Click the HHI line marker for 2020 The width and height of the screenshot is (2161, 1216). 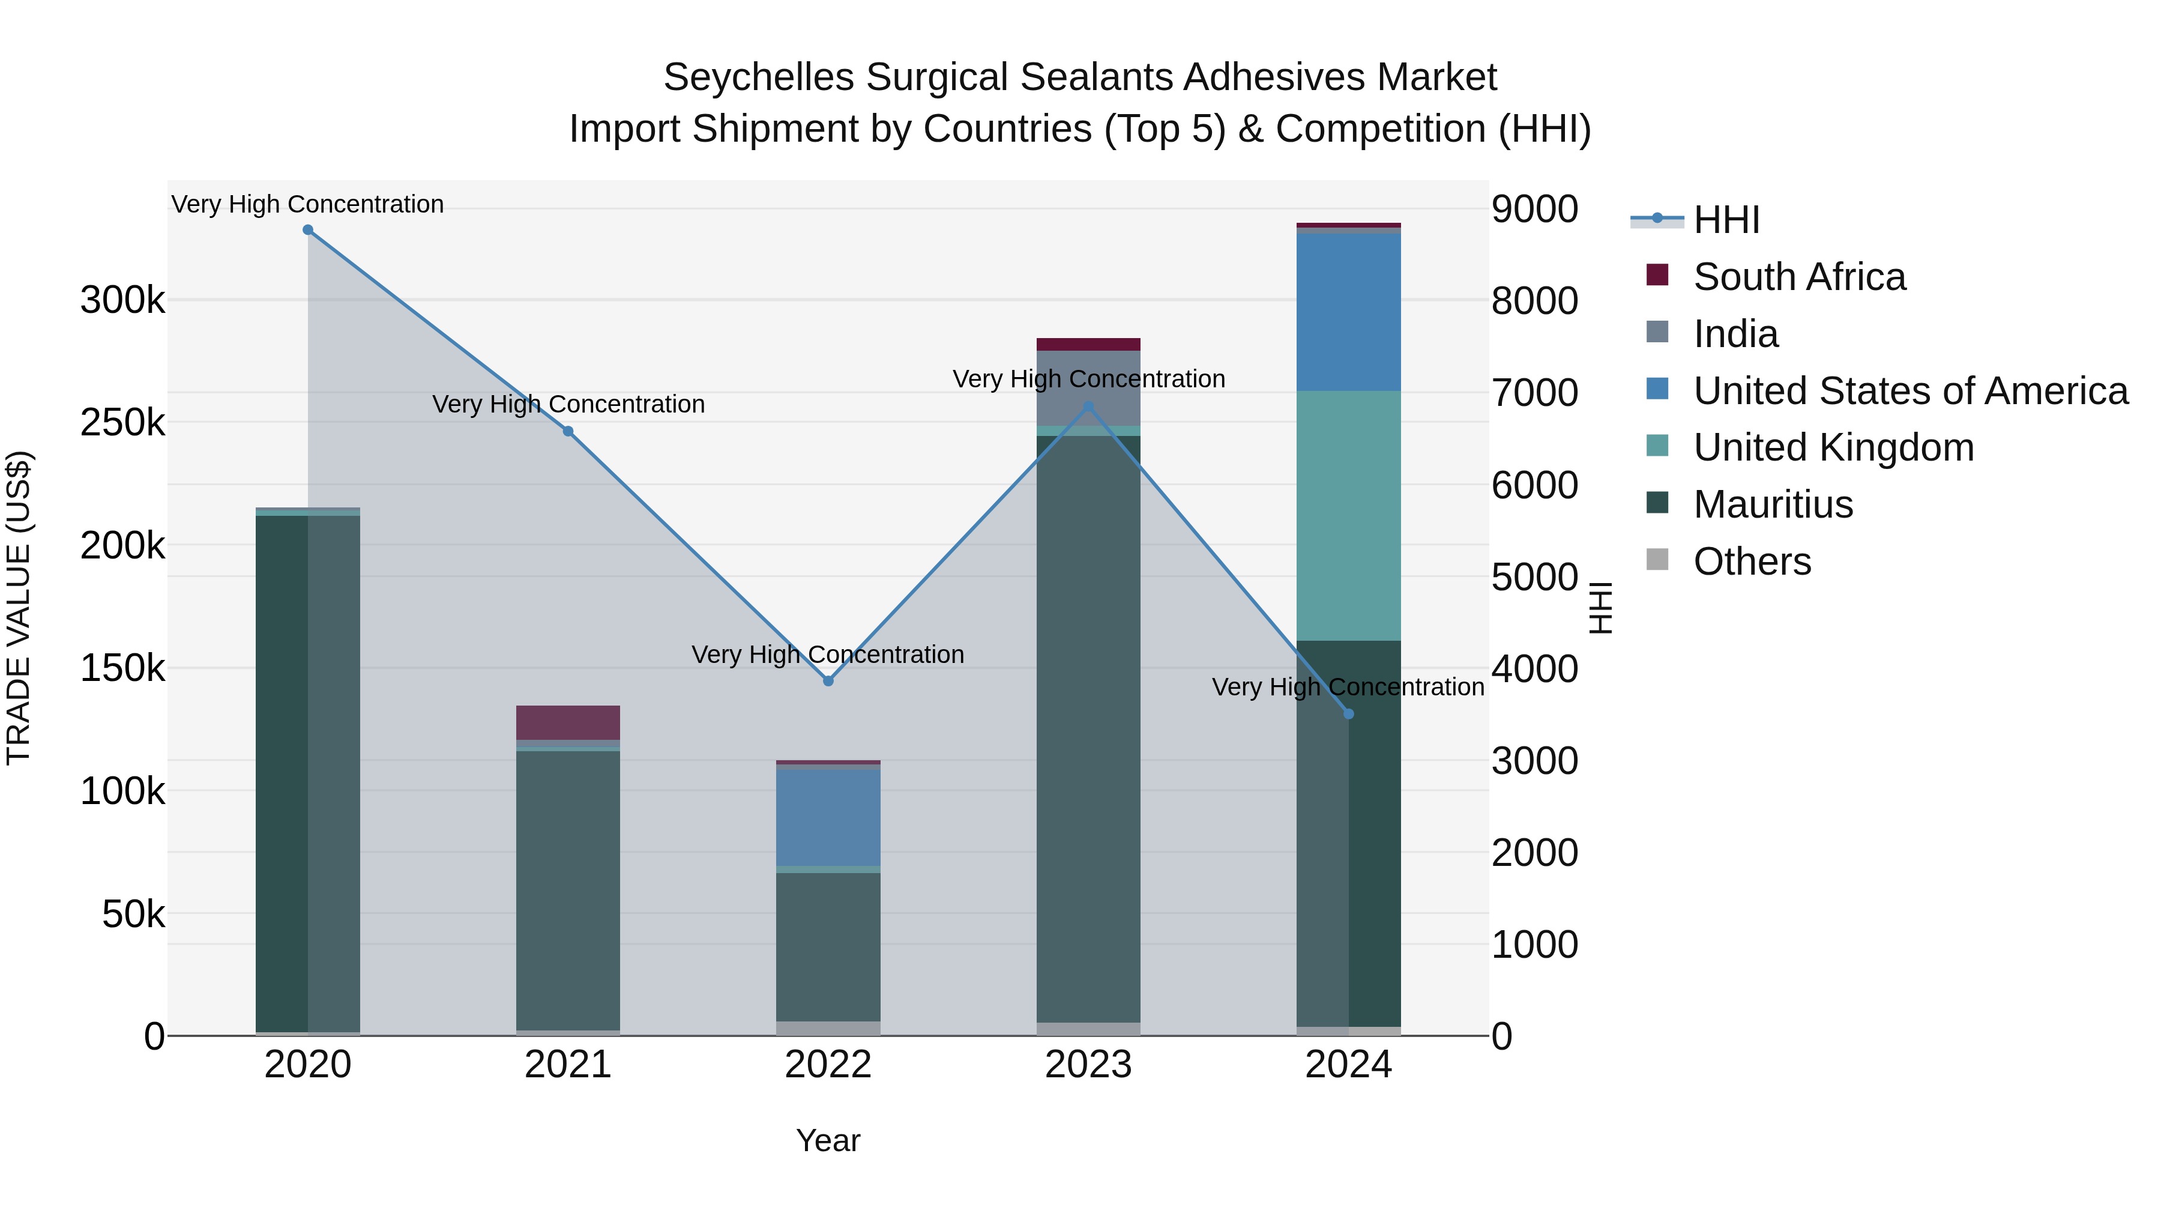coord(308,230)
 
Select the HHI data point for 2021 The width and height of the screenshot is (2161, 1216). coord(568,431)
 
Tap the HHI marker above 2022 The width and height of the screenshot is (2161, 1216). coord(828,680)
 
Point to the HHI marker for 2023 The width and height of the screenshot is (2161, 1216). coord(1089,407)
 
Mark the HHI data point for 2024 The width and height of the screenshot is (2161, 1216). coord(1349,714)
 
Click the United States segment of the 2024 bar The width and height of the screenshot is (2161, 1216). coord(1349,312)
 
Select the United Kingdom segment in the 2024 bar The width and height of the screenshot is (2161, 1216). coord(1349,515)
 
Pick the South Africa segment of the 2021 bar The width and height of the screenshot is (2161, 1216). coord(568,722)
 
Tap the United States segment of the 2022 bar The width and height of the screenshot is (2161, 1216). coord(828,817)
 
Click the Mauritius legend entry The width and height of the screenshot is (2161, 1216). coord(1773,504)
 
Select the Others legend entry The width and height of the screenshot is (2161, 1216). coord(1752,561)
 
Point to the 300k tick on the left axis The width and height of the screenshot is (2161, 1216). coord(122,300)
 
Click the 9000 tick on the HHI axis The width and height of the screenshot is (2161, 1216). coord(1534,209)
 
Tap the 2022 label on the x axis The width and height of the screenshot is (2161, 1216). coord(828,1065)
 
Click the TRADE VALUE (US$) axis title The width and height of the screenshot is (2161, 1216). coord(19,608)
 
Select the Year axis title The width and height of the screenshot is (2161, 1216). coord(828,1140)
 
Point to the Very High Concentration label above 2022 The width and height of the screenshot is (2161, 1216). coord(828,655)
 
